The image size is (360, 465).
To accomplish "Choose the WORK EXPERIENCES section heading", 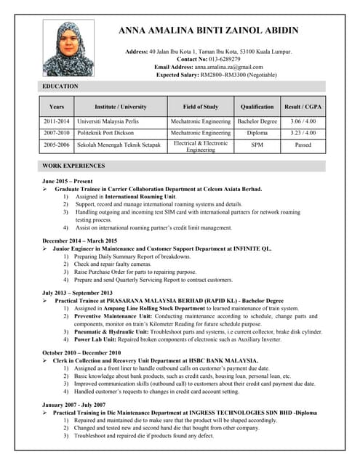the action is click(x=73, y=166).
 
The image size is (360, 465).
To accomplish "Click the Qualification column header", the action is click(x=257, y=107).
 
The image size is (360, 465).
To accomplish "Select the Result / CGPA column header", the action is click(x=303, y=107).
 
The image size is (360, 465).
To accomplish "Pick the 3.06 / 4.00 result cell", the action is click(x=303, y=121).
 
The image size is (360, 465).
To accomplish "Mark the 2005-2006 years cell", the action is click(x=57, y=145).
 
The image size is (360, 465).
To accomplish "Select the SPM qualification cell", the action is click(x=257, y=145).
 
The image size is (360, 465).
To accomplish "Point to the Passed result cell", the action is click(x=303, y=145).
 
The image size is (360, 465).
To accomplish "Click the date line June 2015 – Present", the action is click(x=68, y=181).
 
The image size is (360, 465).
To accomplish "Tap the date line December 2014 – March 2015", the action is click(x=79, y=240).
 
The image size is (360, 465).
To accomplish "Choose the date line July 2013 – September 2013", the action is click(x=77, y=293).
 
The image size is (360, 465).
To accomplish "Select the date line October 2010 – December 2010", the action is click(x=81, y=353).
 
